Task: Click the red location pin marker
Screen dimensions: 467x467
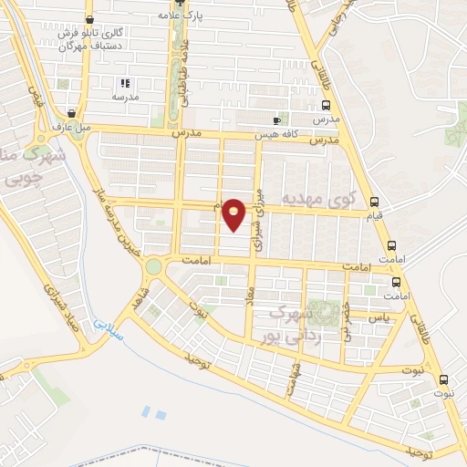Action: (234, 214)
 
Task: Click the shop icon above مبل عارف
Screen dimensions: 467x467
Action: (70, 112)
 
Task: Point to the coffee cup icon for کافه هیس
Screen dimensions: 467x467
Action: (277, 120)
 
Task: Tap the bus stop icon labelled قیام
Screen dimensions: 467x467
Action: (374, 202)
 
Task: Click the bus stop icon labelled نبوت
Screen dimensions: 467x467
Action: (443, 380)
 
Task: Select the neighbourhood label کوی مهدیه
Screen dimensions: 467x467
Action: (316, 198)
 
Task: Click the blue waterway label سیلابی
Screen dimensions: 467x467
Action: (108, 327)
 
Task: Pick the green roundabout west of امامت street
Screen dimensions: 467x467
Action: (152, 267)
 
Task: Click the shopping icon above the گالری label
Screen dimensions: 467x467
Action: (88, 19)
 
